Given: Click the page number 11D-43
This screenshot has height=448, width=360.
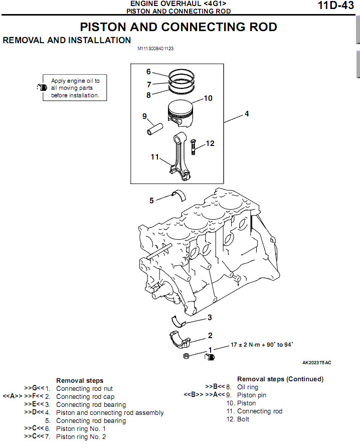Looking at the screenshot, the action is click(336, 6).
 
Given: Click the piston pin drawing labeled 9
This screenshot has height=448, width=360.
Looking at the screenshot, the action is click(154, 129).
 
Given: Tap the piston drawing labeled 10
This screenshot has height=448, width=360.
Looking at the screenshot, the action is click(180, 113).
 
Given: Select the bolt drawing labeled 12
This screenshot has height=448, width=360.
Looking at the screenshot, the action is click(193, 147).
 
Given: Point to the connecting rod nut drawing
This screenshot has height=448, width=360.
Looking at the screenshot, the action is click(186, 356).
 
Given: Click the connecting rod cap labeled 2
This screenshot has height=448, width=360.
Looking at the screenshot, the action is click(180, 339).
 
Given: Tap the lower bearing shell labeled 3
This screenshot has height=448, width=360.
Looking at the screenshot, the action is click(178, 321).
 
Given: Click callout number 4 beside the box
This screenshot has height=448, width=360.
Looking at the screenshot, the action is click(247, 114).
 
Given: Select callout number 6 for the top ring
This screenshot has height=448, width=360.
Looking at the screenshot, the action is click(148, 71).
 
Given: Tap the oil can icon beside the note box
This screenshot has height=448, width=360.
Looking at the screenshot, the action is click(42, 87).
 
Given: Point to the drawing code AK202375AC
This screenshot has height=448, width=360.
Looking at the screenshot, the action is click(316, 363).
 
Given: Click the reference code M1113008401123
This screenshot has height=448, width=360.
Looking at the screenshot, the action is click(155, 49).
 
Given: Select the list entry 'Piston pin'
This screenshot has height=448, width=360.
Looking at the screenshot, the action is click(252, 395).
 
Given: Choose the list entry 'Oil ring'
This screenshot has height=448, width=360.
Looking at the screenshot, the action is click(248, 387).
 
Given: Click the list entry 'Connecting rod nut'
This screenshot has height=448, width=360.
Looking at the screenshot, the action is click(84, 389).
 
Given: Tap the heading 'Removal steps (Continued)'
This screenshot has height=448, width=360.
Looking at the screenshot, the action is click(280, 379).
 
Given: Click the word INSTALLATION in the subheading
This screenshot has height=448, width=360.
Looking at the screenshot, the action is click(99, 40).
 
